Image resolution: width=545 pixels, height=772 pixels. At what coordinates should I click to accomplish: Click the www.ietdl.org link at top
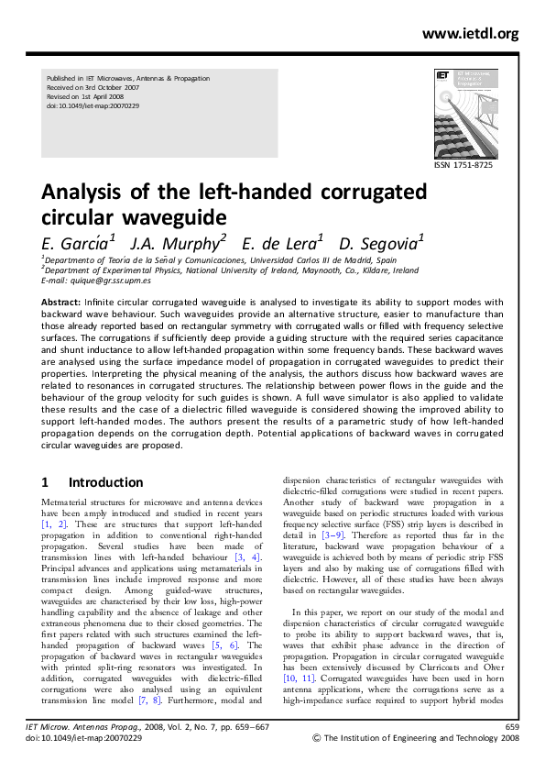(470, 34)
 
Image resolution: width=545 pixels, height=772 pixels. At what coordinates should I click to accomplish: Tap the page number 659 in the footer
(512, 727)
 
